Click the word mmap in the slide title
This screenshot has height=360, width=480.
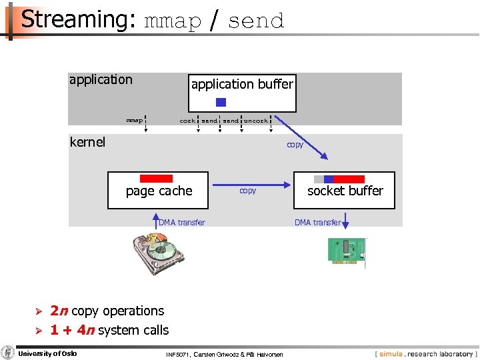click(x=172, y=21)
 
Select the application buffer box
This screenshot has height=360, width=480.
click(x=242, y=93)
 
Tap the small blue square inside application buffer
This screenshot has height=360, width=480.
click(x=221, y=103)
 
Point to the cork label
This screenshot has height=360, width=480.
click(x=187, y=121)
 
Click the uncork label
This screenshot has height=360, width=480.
click(x=256, y=121)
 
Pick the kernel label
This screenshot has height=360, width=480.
click(x=87, y=142)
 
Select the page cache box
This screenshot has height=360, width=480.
click(x=159, y=191)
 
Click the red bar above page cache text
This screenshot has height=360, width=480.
click(x=157, y=179)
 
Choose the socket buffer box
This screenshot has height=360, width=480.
click(x=345, y=191)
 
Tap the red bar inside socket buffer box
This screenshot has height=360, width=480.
click(x=349, y=179)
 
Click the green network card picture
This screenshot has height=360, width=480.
click(x=347, y=251)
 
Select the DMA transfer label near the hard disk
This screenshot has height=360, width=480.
click(x=182, y=223)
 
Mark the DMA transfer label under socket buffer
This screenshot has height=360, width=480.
click(x=317, y=223)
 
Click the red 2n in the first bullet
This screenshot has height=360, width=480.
click(x=59, y=311)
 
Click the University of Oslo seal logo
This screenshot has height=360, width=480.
click(x=8, y=353)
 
